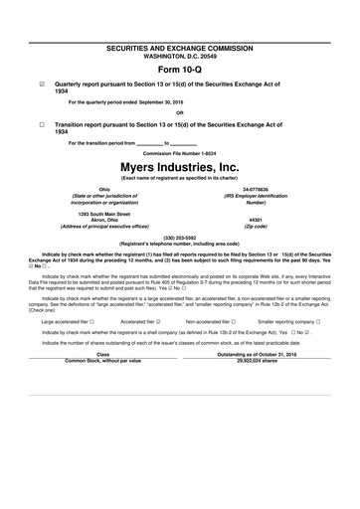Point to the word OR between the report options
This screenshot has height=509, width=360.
click(x=180, y=111)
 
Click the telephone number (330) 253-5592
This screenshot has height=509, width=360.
click(x=180, y=238)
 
